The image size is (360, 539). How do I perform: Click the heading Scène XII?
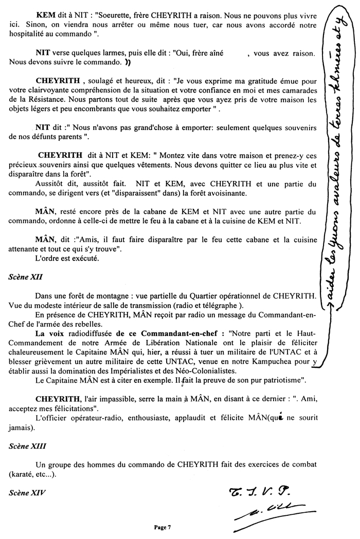pos(25,276)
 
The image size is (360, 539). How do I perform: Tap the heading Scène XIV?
pos(26,492)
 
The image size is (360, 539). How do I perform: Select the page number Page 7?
pos(162,527)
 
